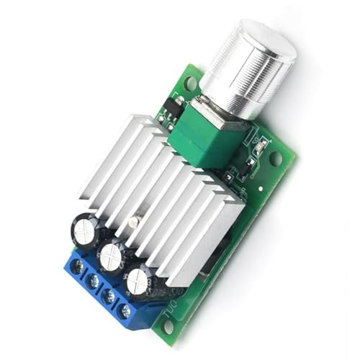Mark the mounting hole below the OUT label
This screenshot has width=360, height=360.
(168, 327)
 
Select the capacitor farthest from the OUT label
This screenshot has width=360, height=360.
(86, 232)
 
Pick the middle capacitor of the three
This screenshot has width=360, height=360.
(112, 256)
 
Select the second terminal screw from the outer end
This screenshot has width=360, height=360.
(92, 281)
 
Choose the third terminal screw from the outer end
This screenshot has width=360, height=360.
(109, 296)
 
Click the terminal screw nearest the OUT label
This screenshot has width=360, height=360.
(126, 311)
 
